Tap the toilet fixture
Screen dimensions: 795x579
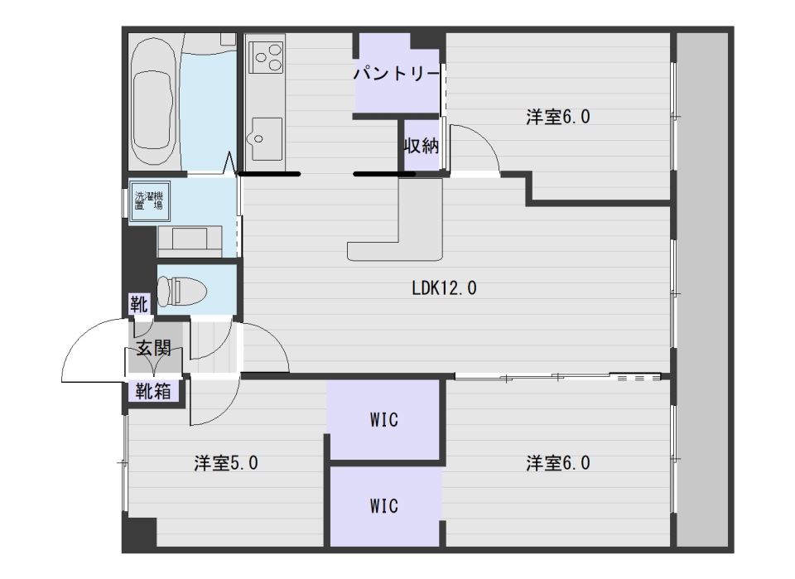(x=182, y=292)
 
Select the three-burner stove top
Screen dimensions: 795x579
(x=267, y=57)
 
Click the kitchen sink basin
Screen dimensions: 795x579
(x=264, y=138)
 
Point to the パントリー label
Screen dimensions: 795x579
(x=396, y=74)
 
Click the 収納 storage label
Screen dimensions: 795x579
(x=421, y=146)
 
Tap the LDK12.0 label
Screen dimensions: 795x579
(x=444, y=288)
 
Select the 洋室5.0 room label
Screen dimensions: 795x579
(x=226, y=463)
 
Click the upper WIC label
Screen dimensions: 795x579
(x=383, y=420)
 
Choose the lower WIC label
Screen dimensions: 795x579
(x=383, y=506)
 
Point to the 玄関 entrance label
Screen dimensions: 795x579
(x=153, y=348)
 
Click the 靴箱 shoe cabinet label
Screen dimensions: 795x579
(x=152, y=392)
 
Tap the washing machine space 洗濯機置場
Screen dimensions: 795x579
(x=149, y=200)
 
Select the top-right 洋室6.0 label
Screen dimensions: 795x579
(x=557, y=117)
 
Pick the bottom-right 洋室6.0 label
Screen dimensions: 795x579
(x=557, y=463)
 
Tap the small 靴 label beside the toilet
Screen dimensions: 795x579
(x=139, y=304)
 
